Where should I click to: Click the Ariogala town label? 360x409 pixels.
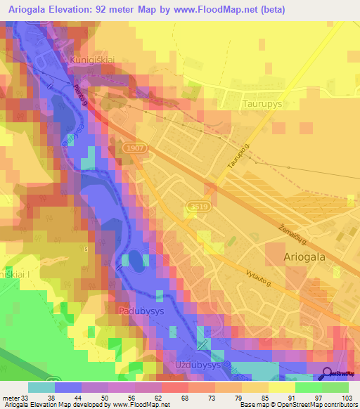(304, 257)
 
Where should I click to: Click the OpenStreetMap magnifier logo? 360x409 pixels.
(328, 374)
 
